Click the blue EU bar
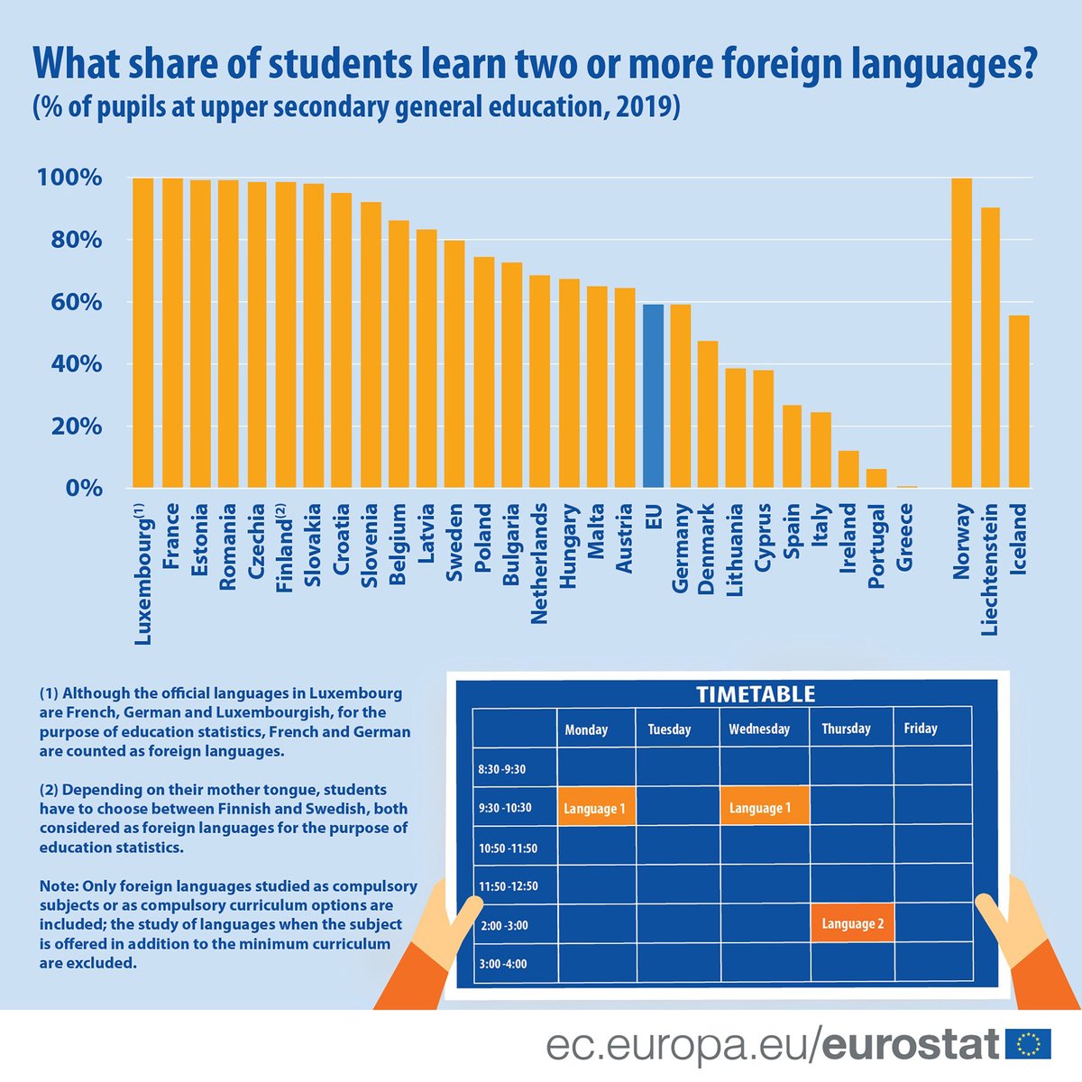click(x=653, y=397)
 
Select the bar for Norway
click(x=962, y=334)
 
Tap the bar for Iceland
click(x=1019, y=402)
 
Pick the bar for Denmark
click(x=708, y=415)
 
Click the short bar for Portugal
click(x=876, y=479)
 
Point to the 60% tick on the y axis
click(x=69, y=302)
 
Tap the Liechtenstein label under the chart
click(x=990, y=570)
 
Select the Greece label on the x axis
click(x=905, y=537)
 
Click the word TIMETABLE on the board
click(x=756, y=694)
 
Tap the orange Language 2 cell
click(x=852, y=923)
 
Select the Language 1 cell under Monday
click(x=596, y=808)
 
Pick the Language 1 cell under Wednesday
click(x=763, y=807)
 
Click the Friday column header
click(x=921, y=729)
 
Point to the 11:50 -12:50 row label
click(x=508, y=885)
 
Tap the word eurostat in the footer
click(x=911, y=1046)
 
